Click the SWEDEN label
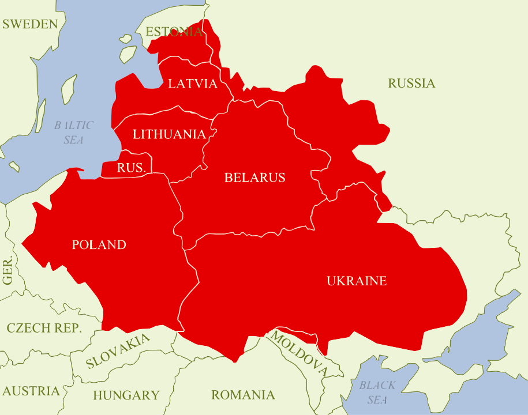[30, 24]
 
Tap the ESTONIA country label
[174, 32]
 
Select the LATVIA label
[193, 84]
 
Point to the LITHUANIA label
[169, 134]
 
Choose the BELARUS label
[254, 178]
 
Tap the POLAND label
[99, 245]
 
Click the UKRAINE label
[357, 281]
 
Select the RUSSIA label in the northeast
[411, 84]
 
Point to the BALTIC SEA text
[73, 133]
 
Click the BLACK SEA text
[377, 393]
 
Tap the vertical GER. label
[8, 271]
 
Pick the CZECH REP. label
[44, 329]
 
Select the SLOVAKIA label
[118, 351]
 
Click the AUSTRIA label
[31, 391]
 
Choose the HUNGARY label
[126, 395]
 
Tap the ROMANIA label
[242, 395]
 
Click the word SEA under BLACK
[377, 400]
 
